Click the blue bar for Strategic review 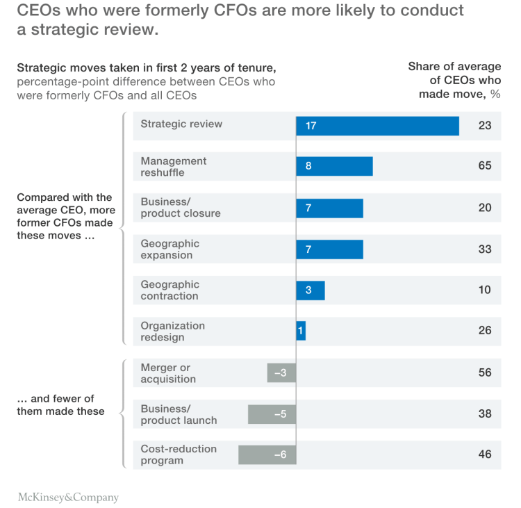377,126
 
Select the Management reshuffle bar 334,167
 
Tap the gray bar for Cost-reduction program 267,455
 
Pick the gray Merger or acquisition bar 281,373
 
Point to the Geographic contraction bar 311,290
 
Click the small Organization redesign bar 301,331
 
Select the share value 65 484,166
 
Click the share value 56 484,372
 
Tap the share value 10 484,290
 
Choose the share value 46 484,454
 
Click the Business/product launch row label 179,414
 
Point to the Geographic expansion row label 169,249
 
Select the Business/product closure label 180,208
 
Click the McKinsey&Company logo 68,498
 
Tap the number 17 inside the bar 311,126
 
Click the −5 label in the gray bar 280,414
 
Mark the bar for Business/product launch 272,414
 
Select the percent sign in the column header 495,95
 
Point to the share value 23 484,125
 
